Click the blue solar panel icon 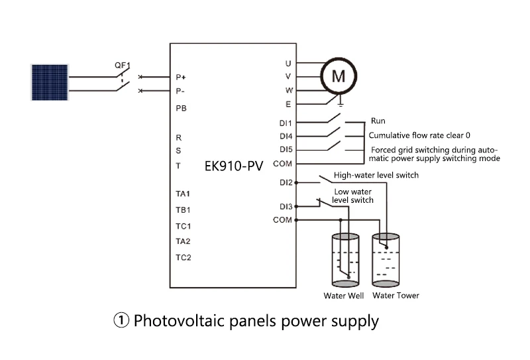coord(50,82)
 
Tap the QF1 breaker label coord(123,65)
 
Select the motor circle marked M coord(339,76)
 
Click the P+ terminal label coord(181,78)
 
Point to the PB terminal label coord(181,108)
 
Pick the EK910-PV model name coord(234,166)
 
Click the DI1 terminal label coord(286,123)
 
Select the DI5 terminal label coord(286,150)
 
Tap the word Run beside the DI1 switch coord(378,121)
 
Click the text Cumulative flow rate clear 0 coord(419,135)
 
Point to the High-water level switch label coord(376,175)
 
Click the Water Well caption coord(344,296)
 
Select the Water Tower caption coord(396,296)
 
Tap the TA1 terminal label coord(183,194)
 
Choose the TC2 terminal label coord(184,257)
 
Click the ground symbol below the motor coord(341,103)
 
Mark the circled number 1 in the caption coord(121,320)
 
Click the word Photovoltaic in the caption coord(179,320)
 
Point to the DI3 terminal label coord(286,206)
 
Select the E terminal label coord(288,104)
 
